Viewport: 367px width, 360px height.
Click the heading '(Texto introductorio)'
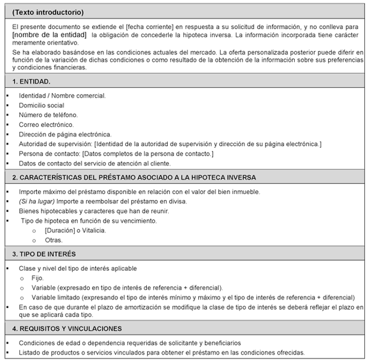click(x=48, y=12)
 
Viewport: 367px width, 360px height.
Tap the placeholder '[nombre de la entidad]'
click(x=50, y=35)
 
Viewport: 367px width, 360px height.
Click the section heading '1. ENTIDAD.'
click(x=32, y=82)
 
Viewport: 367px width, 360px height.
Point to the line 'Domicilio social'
click(x=42, y=106)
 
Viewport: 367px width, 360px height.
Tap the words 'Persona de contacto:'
click(x=50, y=153)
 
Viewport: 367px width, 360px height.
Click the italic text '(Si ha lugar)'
click(x=37, y=201)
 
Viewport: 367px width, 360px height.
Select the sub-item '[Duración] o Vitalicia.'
click(x=75, y=230)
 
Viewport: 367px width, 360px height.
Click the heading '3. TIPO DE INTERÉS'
click(x=44, y=254)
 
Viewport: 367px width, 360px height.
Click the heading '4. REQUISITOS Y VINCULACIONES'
click(x=67, y=328)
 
